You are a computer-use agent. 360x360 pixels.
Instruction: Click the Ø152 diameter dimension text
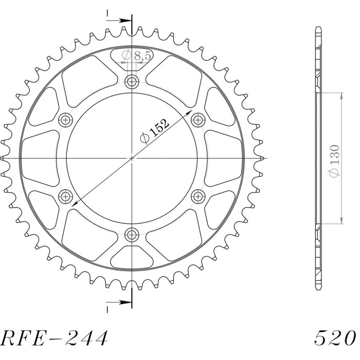154,131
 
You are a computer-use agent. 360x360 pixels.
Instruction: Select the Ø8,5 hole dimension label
137,56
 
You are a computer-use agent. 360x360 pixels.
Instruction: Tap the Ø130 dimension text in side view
334,161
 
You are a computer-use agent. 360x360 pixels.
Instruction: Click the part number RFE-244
54,338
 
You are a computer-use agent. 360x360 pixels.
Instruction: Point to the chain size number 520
335,338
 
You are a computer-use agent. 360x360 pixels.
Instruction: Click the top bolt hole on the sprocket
132,81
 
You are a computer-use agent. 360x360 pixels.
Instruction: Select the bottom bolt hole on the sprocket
132,235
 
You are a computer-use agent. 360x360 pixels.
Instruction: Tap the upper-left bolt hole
65,120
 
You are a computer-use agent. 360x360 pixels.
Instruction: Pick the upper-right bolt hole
198,120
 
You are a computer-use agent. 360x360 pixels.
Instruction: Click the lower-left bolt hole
65,196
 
